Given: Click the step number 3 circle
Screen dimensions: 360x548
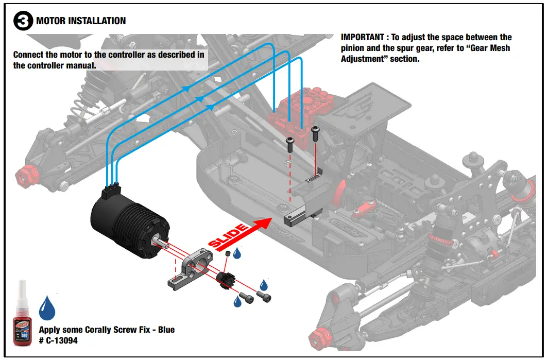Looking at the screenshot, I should tap(23, 22).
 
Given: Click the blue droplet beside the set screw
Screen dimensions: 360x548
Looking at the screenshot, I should tap(237, 253).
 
